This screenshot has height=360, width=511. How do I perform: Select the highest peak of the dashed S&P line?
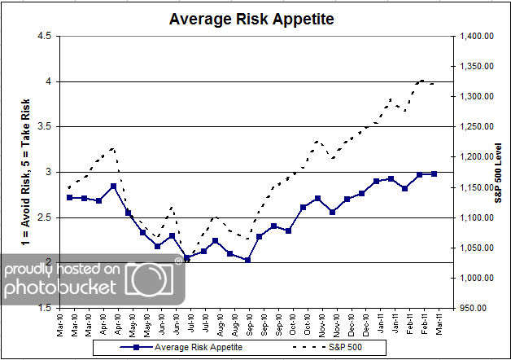coord(421,80)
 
